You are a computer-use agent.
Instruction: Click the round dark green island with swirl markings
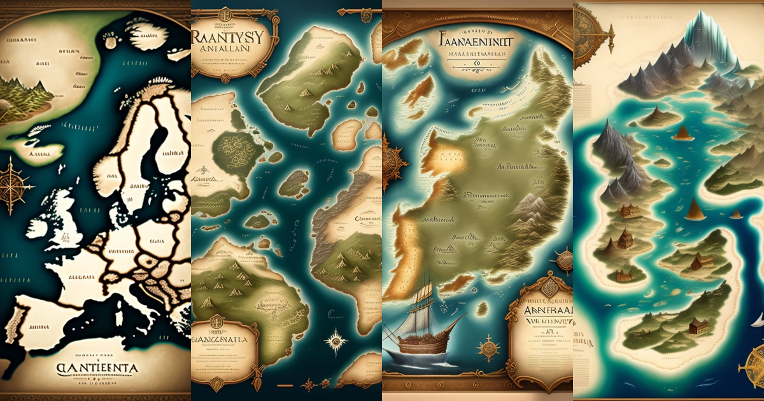(234, 150)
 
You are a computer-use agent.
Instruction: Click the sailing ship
(423, 328)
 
